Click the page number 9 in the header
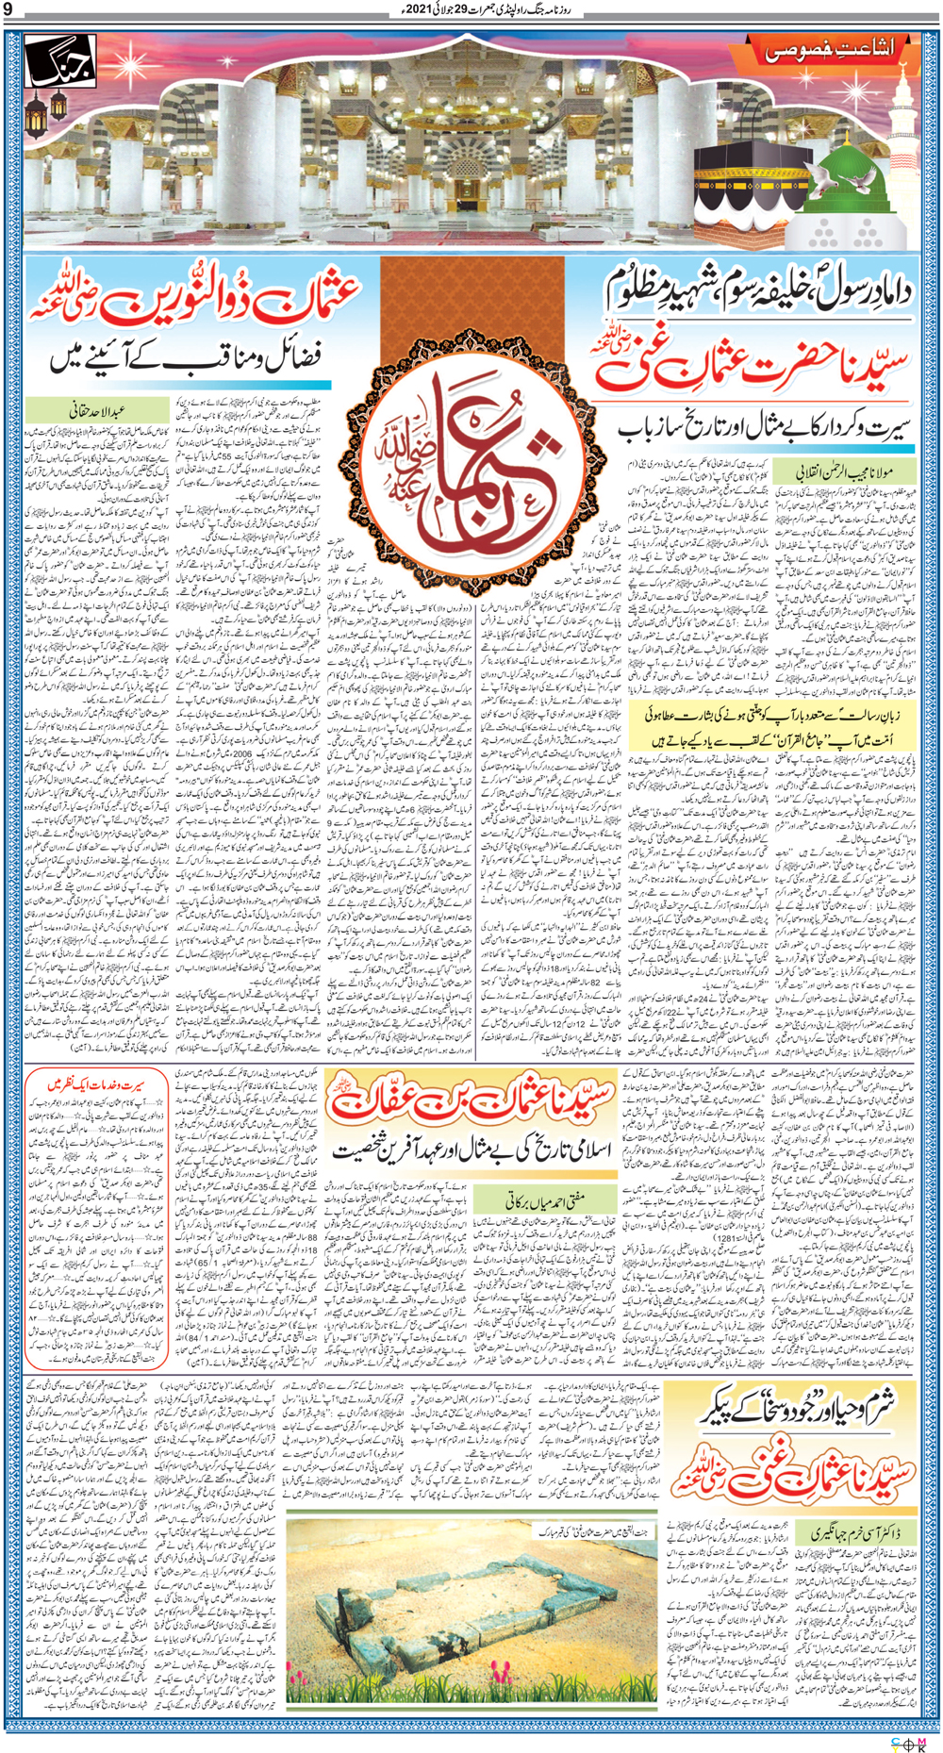pyautogui.click(x=8, y=11)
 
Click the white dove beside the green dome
pyautogui.click(x=822, y=182)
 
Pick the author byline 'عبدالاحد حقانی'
pyautogui.click(x=97, y=410)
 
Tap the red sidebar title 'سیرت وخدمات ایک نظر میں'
pyautogui.click(x=97, y=1085)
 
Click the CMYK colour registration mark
pyautogui.click(x=907, y=1744)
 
